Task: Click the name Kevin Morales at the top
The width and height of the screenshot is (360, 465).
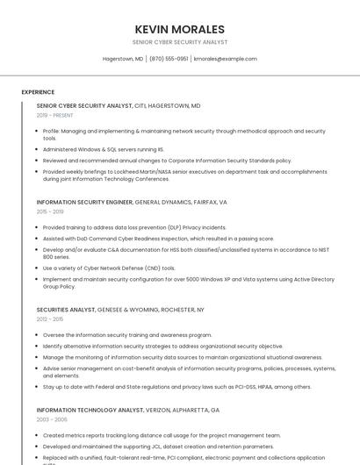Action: [180, 29]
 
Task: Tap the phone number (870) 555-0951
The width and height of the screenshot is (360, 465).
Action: [169, 59]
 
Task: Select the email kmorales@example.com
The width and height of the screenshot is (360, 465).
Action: [226, 59]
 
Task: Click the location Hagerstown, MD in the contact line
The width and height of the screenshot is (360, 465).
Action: [123, 59]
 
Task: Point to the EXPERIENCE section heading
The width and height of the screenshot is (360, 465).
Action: [38, 92]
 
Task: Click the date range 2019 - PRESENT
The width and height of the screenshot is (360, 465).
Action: [55, 115]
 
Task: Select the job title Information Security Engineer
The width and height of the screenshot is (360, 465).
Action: [84, 202]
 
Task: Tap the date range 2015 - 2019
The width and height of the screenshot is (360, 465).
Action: [50, 211]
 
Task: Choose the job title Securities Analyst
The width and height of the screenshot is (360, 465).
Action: [67, 310]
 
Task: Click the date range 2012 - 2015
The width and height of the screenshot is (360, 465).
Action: [50, 319]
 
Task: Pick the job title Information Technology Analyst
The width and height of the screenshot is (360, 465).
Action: [90, 410]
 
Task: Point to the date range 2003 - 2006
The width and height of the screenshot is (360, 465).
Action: [51, 419]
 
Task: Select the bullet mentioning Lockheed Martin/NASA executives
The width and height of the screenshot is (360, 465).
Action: [184, 175]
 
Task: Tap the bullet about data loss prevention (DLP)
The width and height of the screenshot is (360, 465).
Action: [134, 227]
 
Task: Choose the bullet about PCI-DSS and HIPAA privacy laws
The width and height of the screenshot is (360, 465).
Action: [176, 386]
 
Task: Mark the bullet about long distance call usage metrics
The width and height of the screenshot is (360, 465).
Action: [162, 435]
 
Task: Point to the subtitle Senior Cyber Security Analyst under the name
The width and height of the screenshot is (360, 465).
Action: [180, 42]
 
